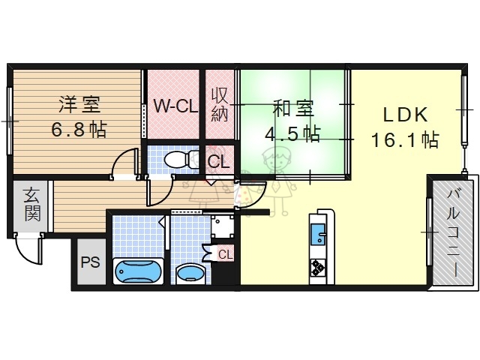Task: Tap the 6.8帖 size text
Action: click(x=78, y=129)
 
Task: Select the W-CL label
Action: click(x=175, y=106)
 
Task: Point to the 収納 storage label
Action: click(x=219, y=105)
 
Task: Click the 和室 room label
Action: click(x=292, y=109)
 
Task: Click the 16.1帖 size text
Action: click(x=405, y=139)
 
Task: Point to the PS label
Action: click(x=90, y=263)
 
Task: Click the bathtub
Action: click(x=137, y=271)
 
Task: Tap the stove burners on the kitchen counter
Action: click(x=318, y=267)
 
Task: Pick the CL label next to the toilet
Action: click(x=219, y=161)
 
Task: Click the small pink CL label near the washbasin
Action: click(x=225, y=254)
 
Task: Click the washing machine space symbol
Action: click(x=221, y=225)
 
